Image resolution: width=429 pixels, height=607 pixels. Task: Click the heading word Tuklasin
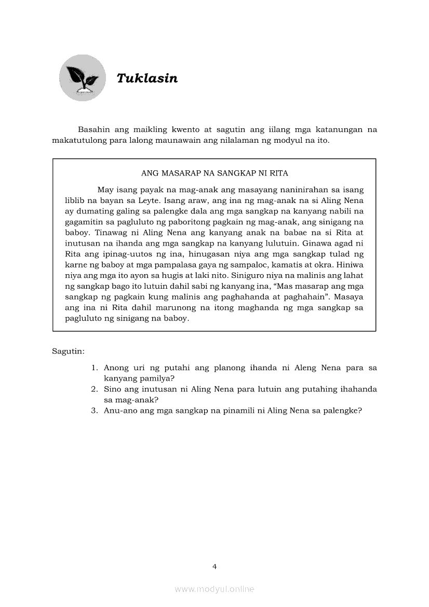click(147, 78)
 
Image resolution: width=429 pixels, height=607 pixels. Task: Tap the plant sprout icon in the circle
click(82, 78)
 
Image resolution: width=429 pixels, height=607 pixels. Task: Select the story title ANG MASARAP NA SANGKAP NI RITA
click(214, 173)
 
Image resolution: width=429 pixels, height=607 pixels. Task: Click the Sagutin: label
click(68, 352)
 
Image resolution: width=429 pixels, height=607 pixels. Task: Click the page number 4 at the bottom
click(214, 566)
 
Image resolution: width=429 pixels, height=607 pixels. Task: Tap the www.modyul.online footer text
click(214, 589)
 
